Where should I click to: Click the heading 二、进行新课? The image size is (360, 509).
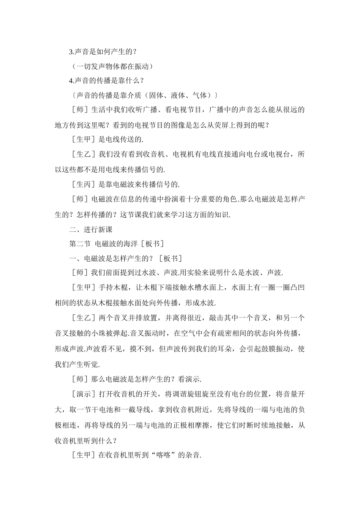(x=91, y=230)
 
